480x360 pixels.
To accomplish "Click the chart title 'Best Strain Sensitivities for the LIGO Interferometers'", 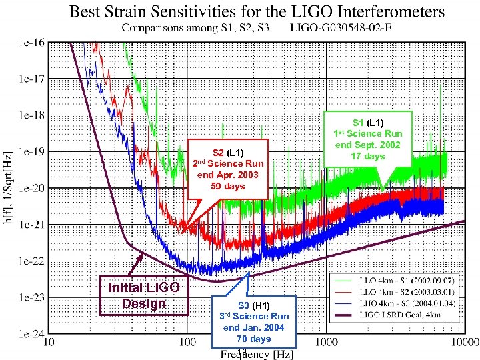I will tap(257, 11).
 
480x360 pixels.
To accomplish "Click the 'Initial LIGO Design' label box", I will tap(144, 295).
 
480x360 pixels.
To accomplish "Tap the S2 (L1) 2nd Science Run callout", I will tap(228, 169).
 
